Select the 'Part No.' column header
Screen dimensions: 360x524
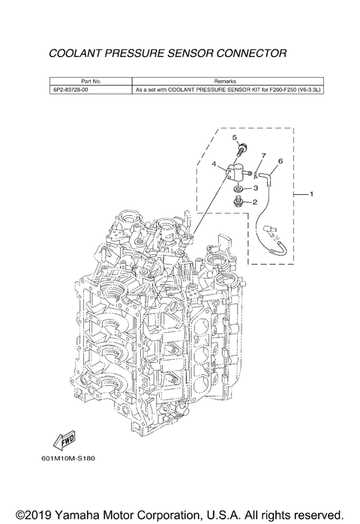point(91,81)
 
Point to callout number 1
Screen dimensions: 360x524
point(311,194)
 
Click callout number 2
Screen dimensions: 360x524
point(255,202)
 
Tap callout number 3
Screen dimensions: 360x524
point(256,188)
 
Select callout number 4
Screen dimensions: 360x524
point(214,164)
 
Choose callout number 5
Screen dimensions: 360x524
point(234,137)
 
